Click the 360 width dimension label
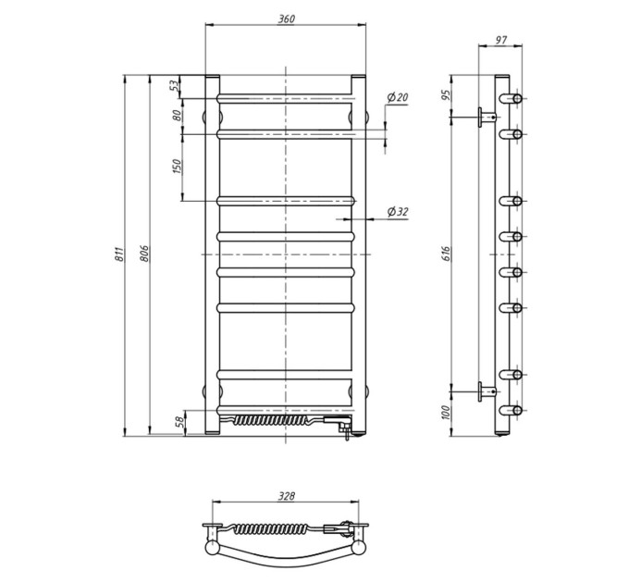(x=287, y=19)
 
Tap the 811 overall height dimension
(x=119, y=254)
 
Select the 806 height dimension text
(x=144, y=254)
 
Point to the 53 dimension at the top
(x=174, y=85)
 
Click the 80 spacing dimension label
(x=177, y=116)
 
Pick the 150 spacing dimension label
(x=177, y=167)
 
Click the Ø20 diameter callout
(x=398, y=96)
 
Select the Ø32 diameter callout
(x=398, y=211)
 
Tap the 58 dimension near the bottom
(x=180, y=421)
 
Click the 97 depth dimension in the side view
(x=501, y=40)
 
